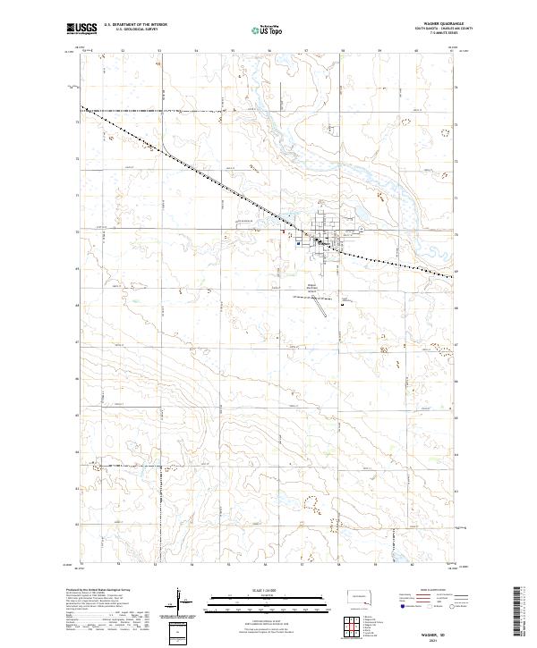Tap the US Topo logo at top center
coord(268,30)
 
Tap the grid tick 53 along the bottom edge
coord(158,564)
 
